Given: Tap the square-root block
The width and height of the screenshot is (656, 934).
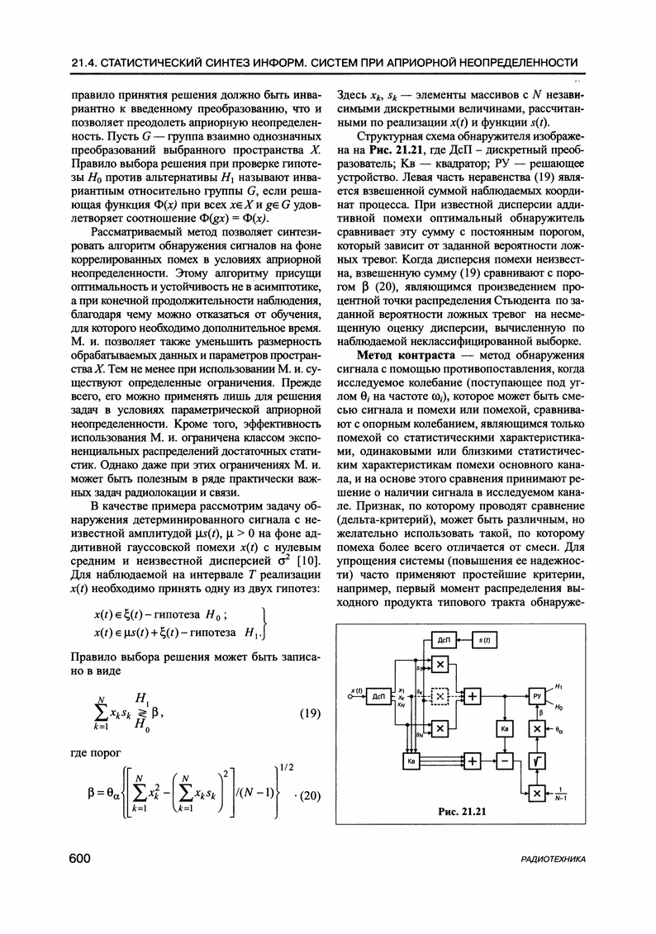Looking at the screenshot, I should [537, 761].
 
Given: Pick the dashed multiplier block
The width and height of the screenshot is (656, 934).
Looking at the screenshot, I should [440, 696].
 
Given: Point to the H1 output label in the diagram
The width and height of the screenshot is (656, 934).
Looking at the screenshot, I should [559, 687].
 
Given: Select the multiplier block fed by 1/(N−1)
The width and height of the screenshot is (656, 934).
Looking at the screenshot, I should [537, 792].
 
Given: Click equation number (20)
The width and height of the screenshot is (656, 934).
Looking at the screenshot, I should [307, 796].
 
